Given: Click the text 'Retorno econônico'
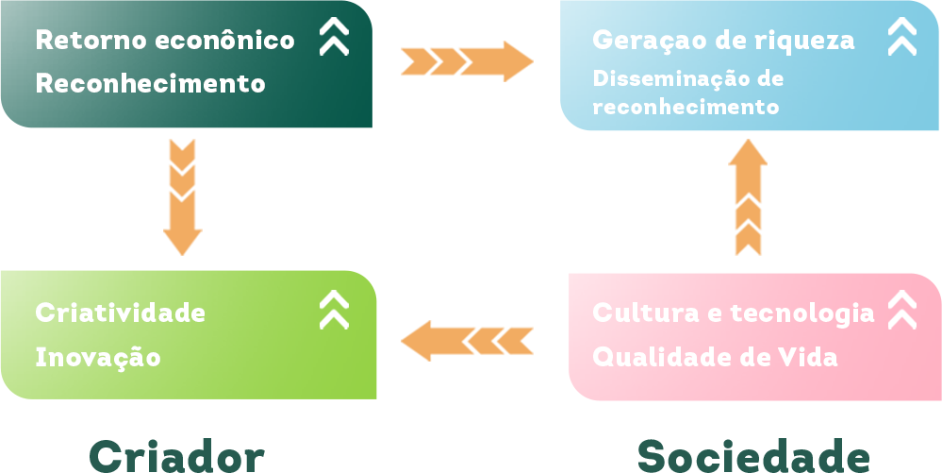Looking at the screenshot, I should coord(164,41).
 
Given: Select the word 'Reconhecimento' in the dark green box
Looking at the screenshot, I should coord(150,83).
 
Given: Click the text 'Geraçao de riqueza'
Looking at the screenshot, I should coord(723,41).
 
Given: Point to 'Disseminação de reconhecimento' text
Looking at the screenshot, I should coord(687,93).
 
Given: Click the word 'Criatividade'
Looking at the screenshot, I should coord(120,313).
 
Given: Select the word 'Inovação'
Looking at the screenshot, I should coord(97,358).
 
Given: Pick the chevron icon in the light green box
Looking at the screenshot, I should coord(334,309).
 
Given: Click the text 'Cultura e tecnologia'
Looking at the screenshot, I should coord(733,313).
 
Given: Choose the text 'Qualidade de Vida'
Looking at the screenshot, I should coord(715,358).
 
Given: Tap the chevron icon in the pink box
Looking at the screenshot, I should coord(902,309).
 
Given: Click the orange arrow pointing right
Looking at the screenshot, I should coord(467,61).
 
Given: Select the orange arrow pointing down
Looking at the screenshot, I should coord(182,197).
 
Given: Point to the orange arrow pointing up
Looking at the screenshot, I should coord(748,197).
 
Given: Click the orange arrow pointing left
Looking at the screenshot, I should coord(467,340).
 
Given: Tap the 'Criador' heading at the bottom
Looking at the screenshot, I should coord(176,456).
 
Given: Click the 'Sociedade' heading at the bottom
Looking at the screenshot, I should coord(752,456).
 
